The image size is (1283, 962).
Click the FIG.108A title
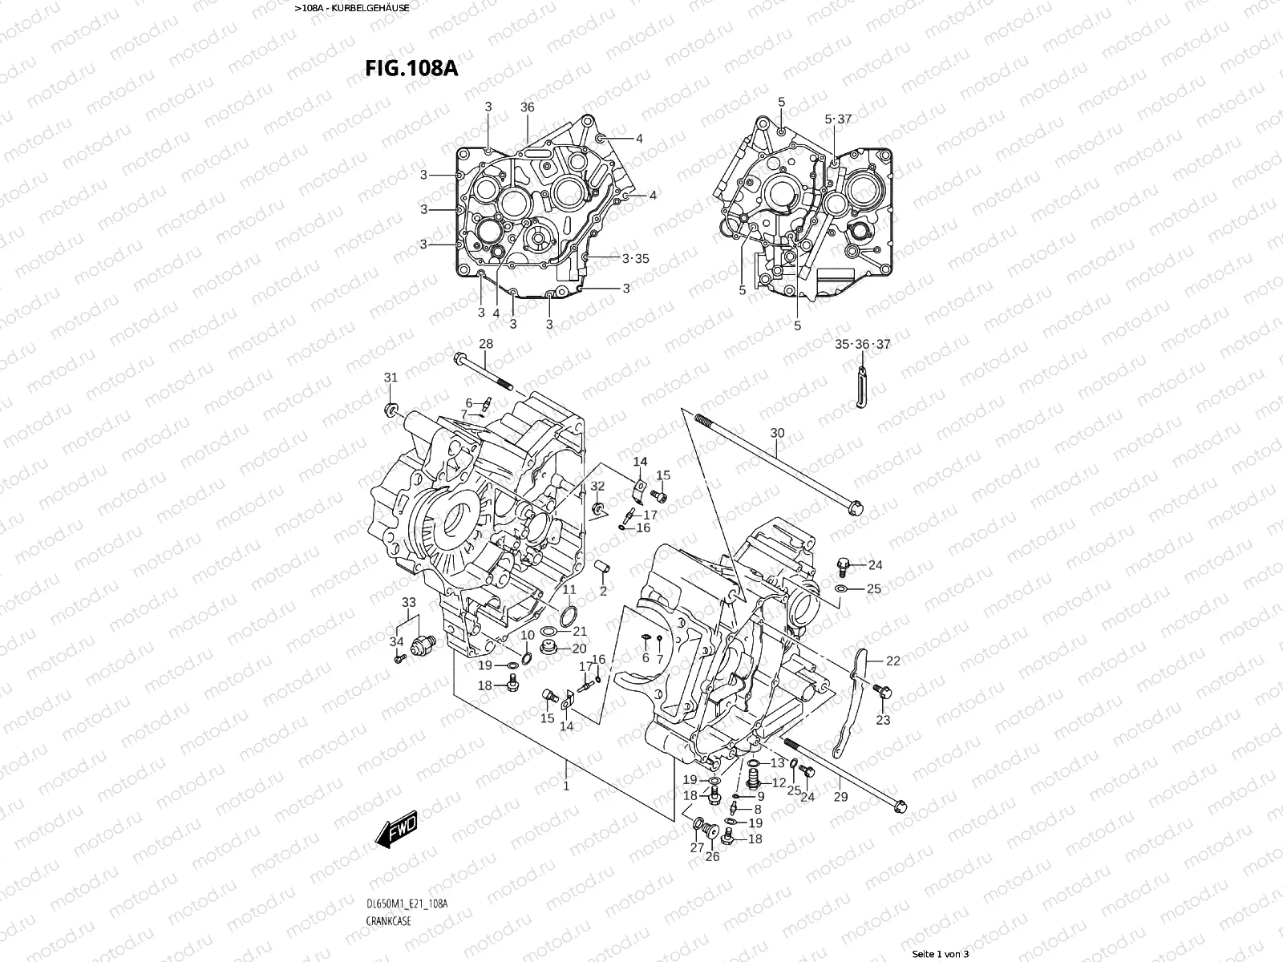click(411, 68)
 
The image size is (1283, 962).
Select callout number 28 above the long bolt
click(486, 344)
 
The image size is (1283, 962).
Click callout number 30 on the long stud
click(777, 433)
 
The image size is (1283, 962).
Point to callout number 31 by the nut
click(391, 378)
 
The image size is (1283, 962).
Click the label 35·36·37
click(862, 344)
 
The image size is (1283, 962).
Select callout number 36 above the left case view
click(527, 107)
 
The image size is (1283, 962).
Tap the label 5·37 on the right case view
click(838, 119)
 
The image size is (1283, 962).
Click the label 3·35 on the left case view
click(635, 258)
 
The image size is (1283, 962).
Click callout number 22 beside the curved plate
click(892, 661)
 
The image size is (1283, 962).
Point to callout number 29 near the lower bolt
click(840, 796)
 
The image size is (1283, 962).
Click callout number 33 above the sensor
click(409, 602)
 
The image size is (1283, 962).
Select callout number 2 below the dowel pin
click(603, 591)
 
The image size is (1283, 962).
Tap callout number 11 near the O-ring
click(569, 591)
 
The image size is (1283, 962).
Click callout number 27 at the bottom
click(697, 847)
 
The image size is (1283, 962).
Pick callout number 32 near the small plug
click(597, 487)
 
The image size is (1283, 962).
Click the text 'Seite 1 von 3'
click(941, 954)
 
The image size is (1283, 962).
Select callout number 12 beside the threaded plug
click(778, 782)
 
